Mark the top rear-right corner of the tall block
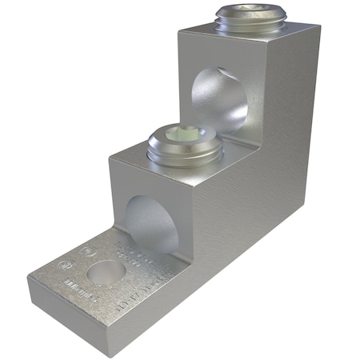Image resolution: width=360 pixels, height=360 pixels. [x=318, y=26]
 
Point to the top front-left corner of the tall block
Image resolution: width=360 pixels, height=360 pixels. [x=179, y=30]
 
